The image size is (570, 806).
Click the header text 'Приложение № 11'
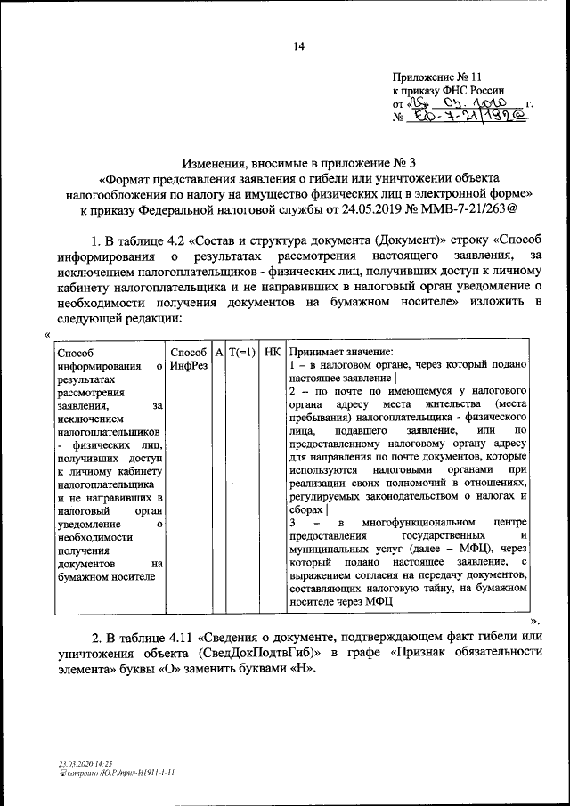coord(436,77)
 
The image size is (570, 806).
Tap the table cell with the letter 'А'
coord(218,352)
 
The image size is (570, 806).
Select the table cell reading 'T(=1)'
coord(242,352)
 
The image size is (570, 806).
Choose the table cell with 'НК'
coord(273,352)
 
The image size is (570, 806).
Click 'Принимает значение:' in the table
coord(342,352)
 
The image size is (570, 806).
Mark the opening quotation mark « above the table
coord(45,335)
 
